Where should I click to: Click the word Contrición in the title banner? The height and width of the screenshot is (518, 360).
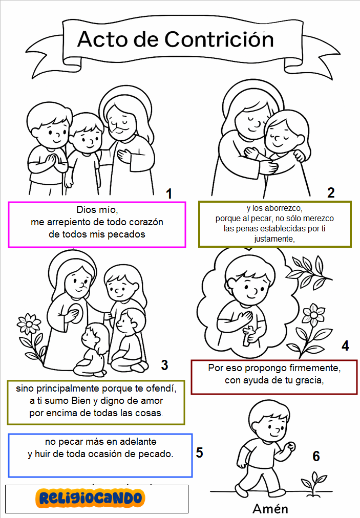tap(219, 39)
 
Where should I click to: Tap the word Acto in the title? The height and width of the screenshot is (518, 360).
tap(102, 39)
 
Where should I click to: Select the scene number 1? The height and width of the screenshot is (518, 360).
tap(169, 194)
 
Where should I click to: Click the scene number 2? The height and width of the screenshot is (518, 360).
tap(331, 192)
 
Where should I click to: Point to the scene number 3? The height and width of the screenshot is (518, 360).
tap(164, 365)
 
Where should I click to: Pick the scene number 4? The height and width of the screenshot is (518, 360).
tap(345, 346)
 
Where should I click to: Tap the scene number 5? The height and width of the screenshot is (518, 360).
tap(199, 452)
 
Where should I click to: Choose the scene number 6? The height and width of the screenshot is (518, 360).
tap(316, 456)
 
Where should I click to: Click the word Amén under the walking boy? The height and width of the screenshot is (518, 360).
tap(270, 509)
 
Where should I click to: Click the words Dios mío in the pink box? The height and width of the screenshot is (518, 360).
tap(97, 210)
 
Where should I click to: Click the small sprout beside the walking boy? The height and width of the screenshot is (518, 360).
tap(313, 484)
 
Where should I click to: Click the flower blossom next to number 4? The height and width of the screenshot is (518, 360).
tap(313, 314)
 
